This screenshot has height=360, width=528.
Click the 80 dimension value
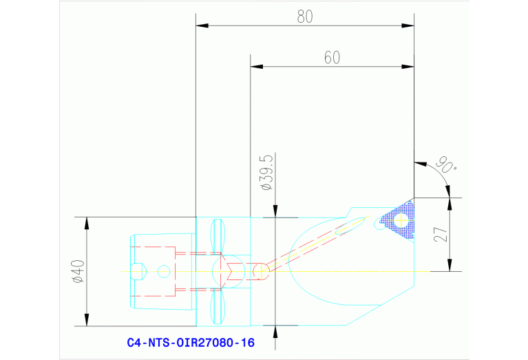click(305, 17)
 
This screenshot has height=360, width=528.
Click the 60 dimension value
click(332, 58)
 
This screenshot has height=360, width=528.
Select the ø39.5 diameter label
click(265, 173)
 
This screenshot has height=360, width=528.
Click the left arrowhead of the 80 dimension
click(202, 26)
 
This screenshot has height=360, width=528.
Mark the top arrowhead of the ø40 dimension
click(87, 222)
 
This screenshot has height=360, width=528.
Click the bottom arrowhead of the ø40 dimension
click(87, 321)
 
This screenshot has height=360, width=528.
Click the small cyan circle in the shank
click(163, 271)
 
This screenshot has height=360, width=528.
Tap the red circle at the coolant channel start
click(260, 271)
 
